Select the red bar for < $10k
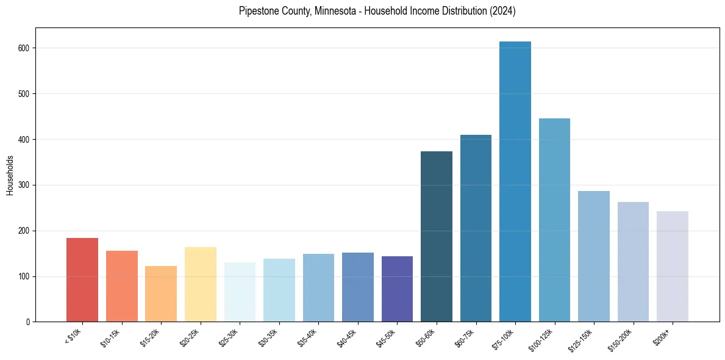pyautogui.click(x=82, y=280)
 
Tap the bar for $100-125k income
pyautogui.click(x=554, y=220)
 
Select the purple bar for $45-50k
pyautogui.click(x=397, y=289)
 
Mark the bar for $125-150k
pyautogui.click(x=594, y=256)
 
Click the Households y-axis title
pyautogui.click(x=10, y=175)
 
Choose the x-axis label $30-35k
pyautogui.click(x=268, y=337)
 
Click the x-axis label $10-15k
pyautogui.click(x=111, y=337)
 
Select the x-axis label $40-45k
pyautogui.click(x=347, y=337)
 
